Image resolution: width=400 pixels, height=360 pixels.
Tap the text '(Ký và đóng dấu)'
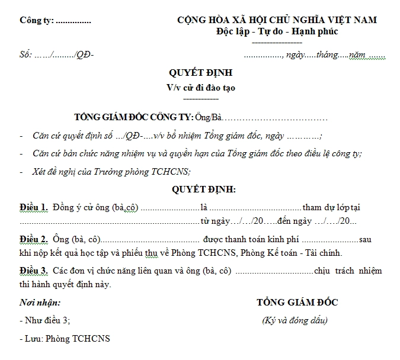click(x=295, y=321)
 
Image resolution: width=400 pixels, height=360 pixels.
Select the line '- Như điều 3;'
click(x=44, y=321)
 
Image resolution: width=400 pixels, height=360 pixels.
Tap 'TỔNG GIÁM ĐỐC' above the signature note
click(x=297, y=303)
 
